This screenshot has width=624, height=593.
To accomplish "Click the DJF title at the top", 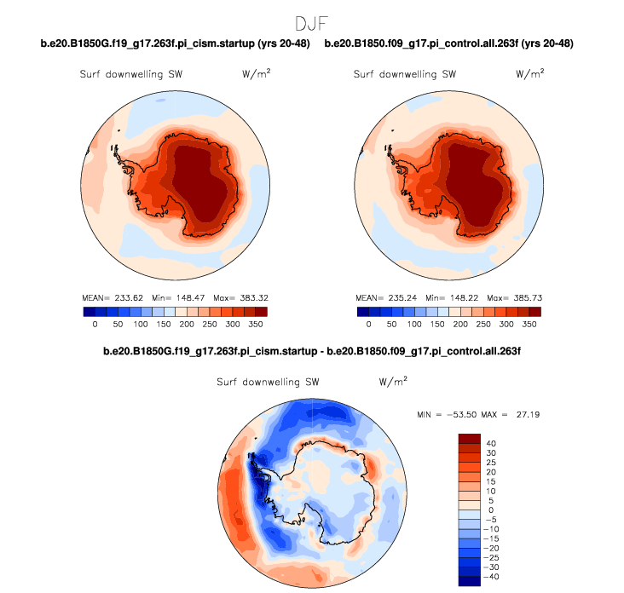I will click(x=312, y=22).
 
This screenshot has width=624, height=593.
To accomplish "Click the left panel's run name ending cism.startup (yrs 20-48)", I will click(x=175, y=43).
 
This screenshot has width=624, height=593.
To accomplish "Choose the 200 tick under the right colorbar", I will click(x=460, y=325).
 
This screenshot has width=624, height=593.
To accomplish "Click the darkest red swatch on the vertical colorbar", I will click(x=470, y=438).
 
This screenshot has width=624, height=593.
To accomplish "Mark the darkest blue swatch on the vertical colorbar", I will click(x=470, y=581).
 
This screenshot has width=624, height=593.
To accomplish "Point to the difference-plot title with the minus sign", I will click(x=312, y=350).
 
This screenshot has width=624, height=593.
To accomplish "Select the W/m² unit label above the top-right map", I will click(x=530, y=74).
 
